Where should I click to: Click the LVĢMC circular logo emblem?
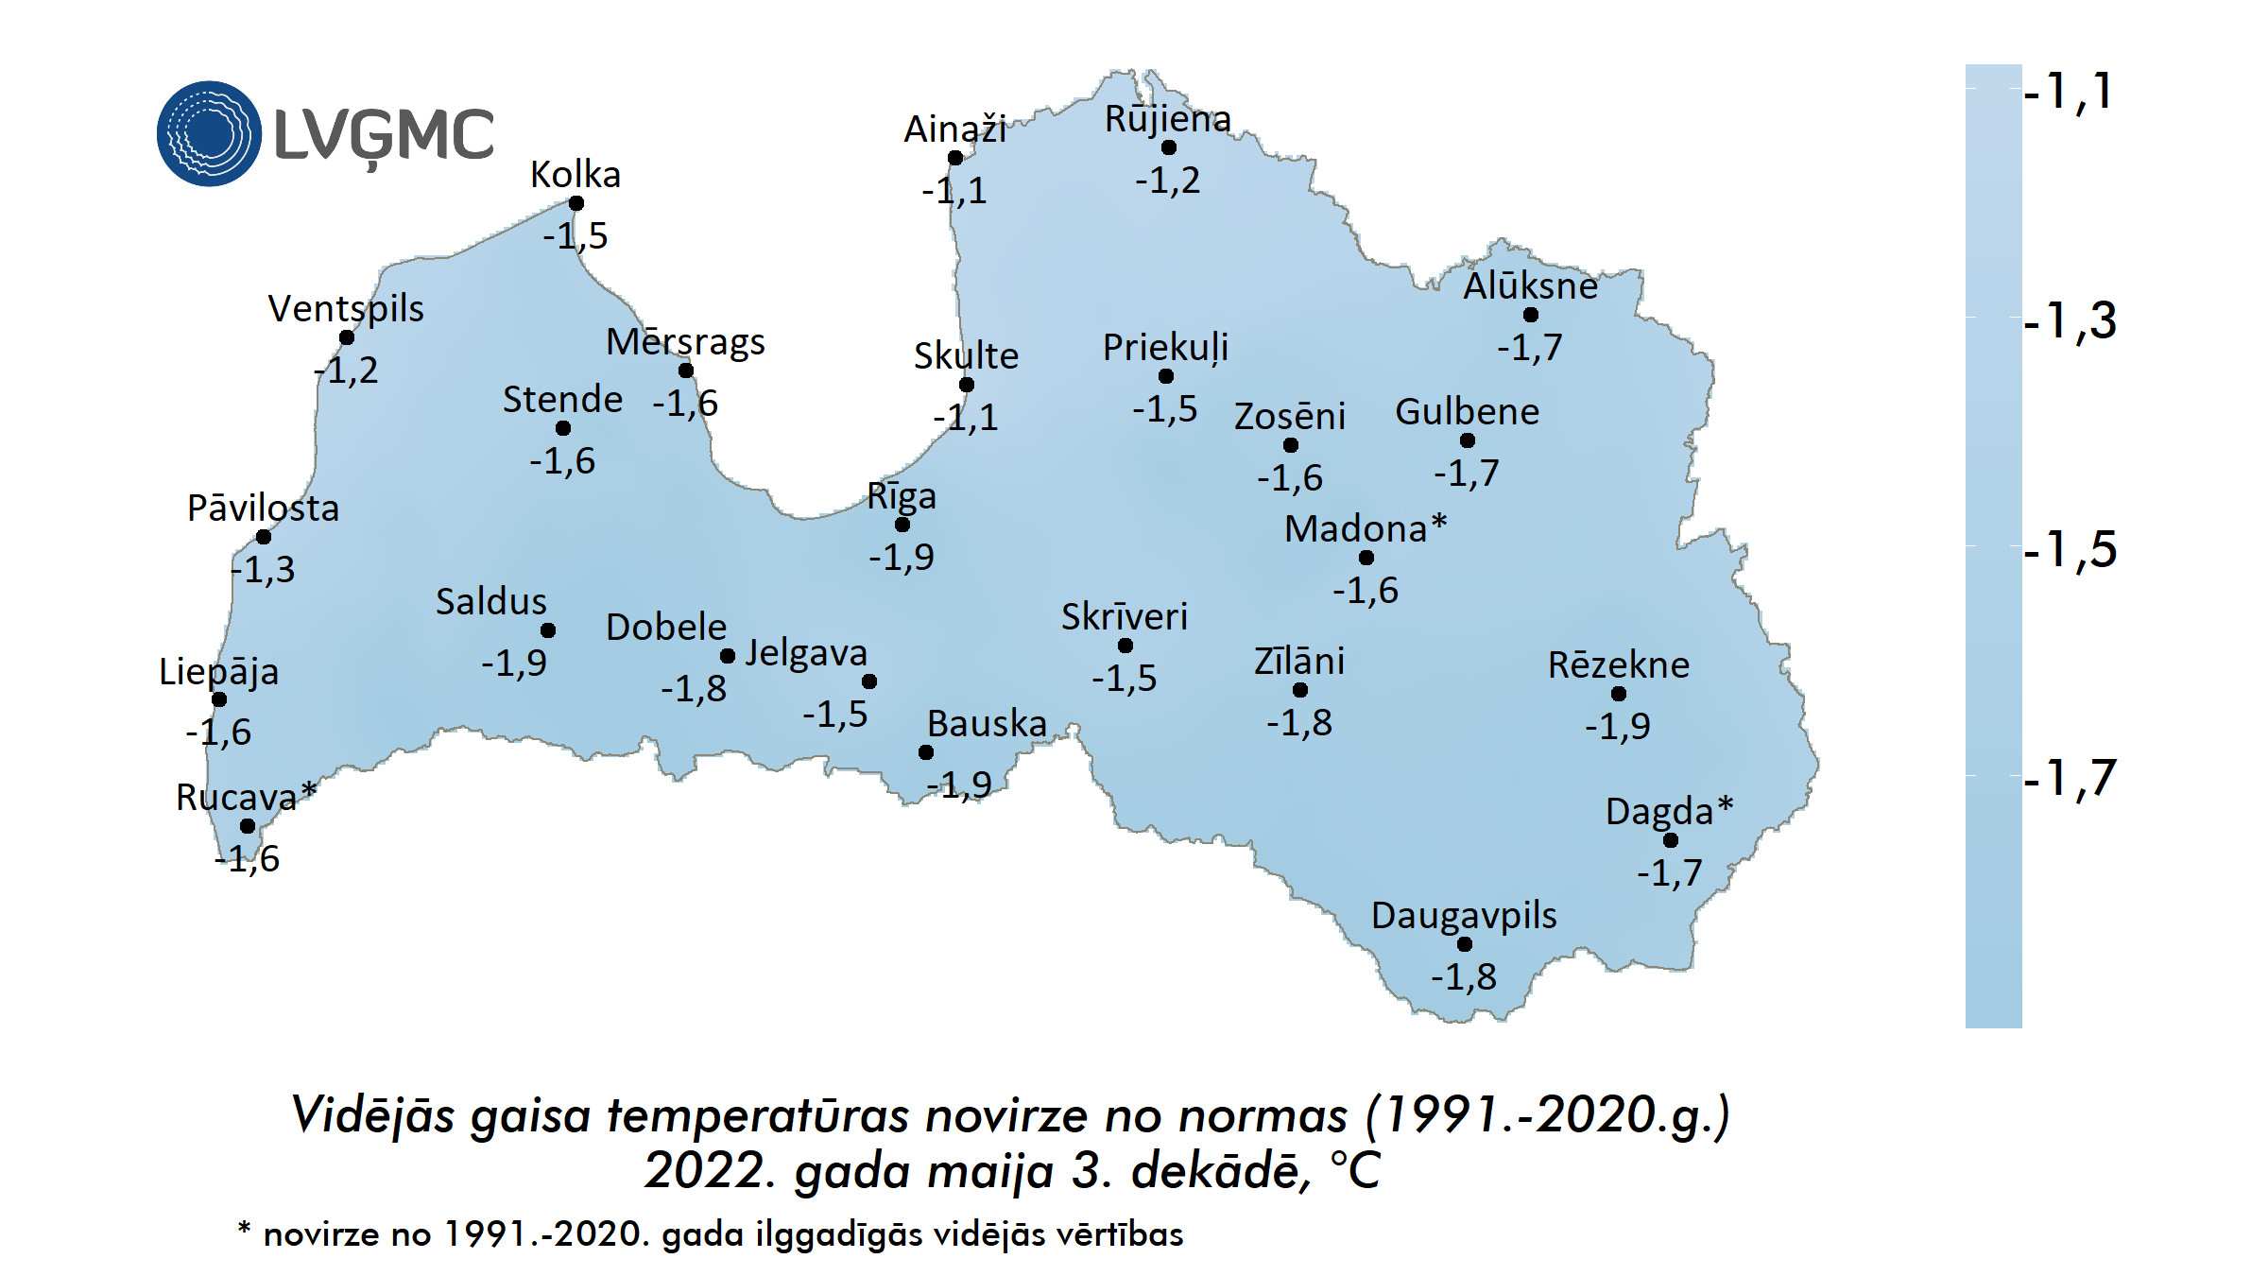tap(209, 133)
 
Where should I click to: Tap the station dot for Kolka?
tap(576, 203)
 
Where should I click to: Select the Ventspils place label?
tap(346, 308)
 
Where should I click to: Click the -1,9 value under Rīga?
tap(902, 557)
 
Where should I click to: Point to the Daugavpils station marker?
tap(1465, 944)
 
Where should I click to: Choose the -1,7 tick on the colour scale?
tap(2070, 778)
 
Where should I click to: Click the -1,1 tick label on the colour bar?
tap(2070, 92)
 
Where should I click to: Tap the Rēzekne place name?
tap(1618, 664)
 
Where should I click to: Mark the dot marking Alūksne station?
tap(1531, 315)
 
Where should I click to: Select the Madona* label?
tap(1366, 528)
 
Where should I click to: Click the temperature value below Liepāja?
tap(218, 732)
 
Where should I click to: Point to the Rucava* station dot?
tap(248, 826)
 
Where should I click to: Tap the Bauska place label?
tap(987, 723)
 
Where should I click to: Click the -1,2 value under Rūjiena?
tap(1168, 180)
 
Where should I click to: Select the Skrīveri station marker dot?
tap(1125, 646)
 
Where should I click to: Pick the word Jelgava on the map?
tap(806, 652)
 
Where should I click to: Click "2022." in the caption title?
tap(711, 1170)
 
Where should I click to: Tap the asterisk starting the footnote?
tap(244, 1229)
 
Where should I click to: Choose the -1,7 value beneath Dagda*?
tap(1670, 871)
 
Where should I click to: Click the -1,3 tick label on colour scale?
tap(2070, 320)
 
